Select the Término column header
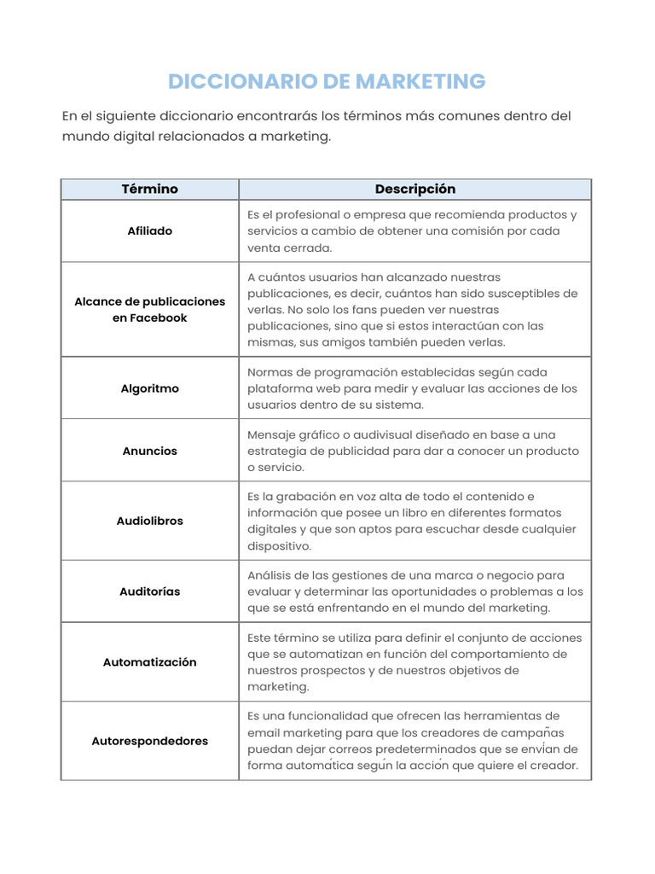pos(150,189)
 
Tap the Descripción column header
pos(415,189)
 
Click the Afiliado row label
pos(150,231)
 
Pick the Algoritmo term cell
pos(150,388)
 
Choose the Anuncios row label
pos(150,451)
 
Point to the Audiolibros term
pos(150,521)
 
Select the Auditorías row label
pos(150,591)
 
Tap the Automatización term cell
pos(150,662)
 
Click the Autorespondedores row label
pos(150,741)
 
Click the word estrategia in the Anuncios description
pos(275,451)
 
